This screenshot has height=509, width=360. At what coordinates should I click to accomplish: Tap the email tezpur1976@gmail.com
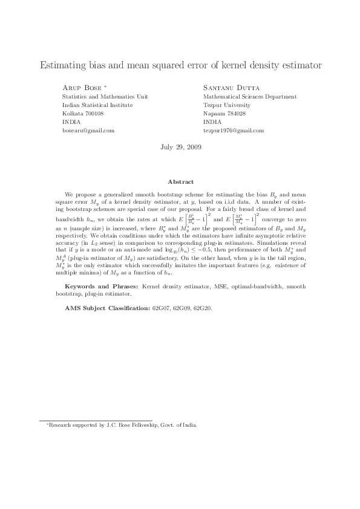click(x=234, y=131)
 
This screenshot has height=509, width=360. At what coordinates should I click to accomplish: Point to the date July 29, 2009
click(x=180, y=148)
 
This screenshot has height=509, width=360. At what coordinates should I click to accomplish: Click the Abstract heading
click(x=180, y=182)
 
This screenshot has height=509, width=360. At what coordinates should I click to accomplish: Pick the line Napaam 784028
click(x=224, y=114)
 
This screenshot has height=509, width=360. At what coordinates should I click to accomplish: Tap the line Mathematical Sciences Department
click(x=250, y=97)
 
